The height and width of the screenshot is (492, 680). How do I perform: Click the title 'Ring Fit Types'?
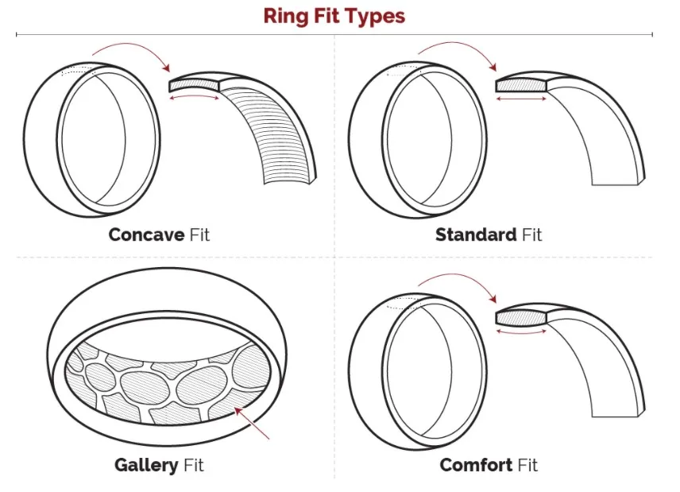pos(334,17)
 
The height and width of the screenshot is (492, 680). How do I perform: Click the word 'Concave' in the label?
pos(146,234)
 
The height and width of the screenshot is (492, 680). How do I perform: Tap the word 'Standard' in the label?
pos(475,234)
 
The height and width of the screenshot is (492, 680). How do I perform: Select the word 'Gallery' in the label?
pos(146,465)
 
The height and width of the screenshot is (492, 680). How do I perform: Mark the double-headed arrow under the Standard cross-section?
pos(521,98)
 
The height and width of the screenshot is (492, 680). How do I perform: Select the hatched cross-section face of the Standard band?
pos(520,84)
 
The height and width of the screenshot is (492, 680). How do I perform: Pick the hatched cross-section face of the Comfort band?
pos(520,316)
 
